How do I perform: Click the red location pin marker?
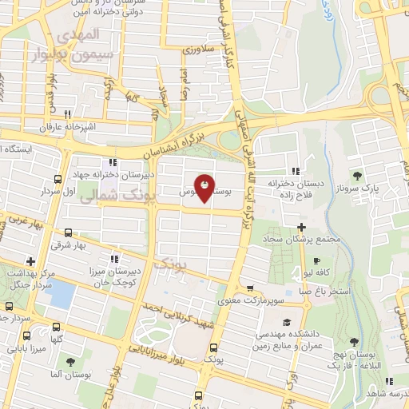[x=204, y=189]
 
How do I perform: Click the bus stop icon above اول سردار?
[x=58, y=178]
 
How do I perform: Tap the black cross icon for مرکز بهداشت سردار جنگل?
[x=30, y=261]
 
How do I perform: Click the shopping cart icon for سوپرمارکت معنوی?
[x=250, y=288]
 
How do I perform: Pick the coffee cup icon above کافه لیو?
[x=317, y=261]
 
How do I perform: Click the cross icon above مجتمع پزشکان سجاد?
[x=302, y=227]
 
